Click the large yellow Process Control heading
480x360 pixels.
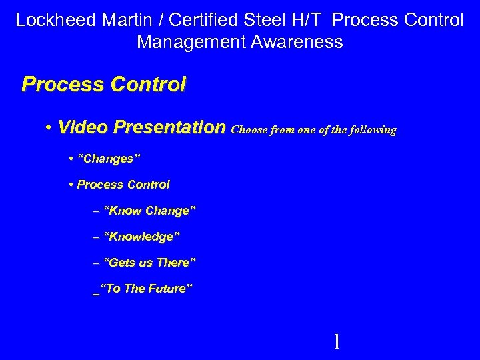pos(104,85)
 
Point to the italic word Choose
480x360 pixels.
pos(249,131)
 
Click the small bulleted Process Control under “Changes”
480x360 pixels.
pos(123,185)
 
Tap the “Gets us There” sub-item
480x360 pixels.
pos(149,263)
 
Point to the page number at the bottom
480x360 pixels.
pos(336,342)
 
